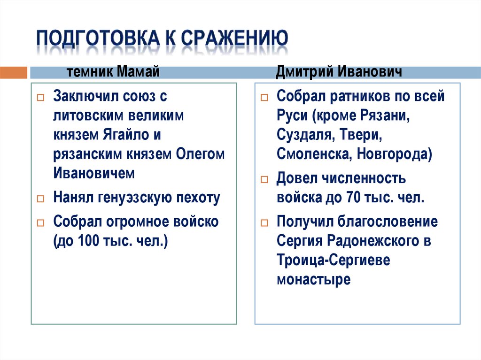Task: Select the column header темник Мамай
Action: (x=112, y=72)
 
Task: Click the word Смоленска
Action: (x=313, y=154)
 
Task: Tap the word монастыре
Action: (x=313, y=280)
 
